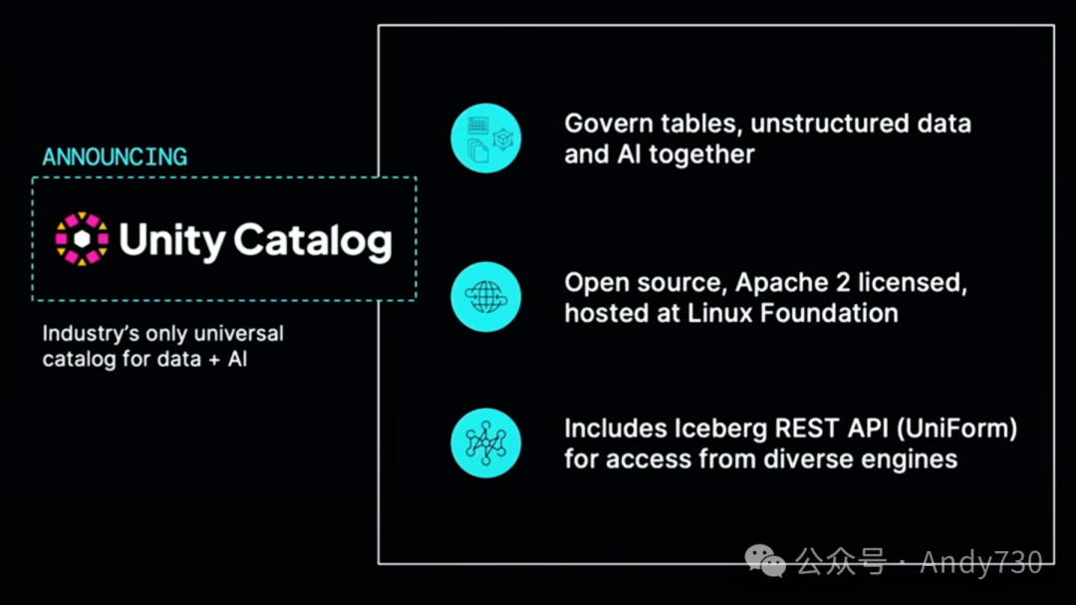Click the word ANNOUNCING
click(115, 156)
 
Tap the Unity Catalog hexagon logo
click(82, 239)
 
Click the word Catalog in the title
click(313, 240)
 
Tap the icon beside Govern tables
click(485, 139)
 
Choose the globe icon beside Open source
click(485, 297)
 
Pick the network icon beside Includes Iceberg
click(485, 443)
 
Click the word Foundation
click(830, 312)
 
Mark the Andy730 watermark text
click(980, 562)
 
